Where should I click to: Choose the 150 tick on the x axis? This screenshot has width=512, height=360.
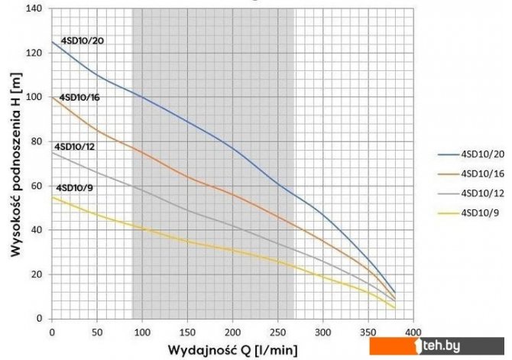tap(187, 332)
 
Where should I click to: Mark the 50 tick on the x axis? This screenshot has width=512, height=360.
tap(97, 332)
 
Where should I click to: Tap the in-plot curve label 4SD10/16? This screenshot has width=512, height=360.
tap(80, 98)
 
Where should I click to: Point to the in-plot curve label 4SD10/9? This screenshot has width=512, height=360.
tap(73, 187)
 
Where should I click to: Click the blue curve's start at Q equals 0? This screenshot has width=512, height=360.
tap(52, 41)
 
